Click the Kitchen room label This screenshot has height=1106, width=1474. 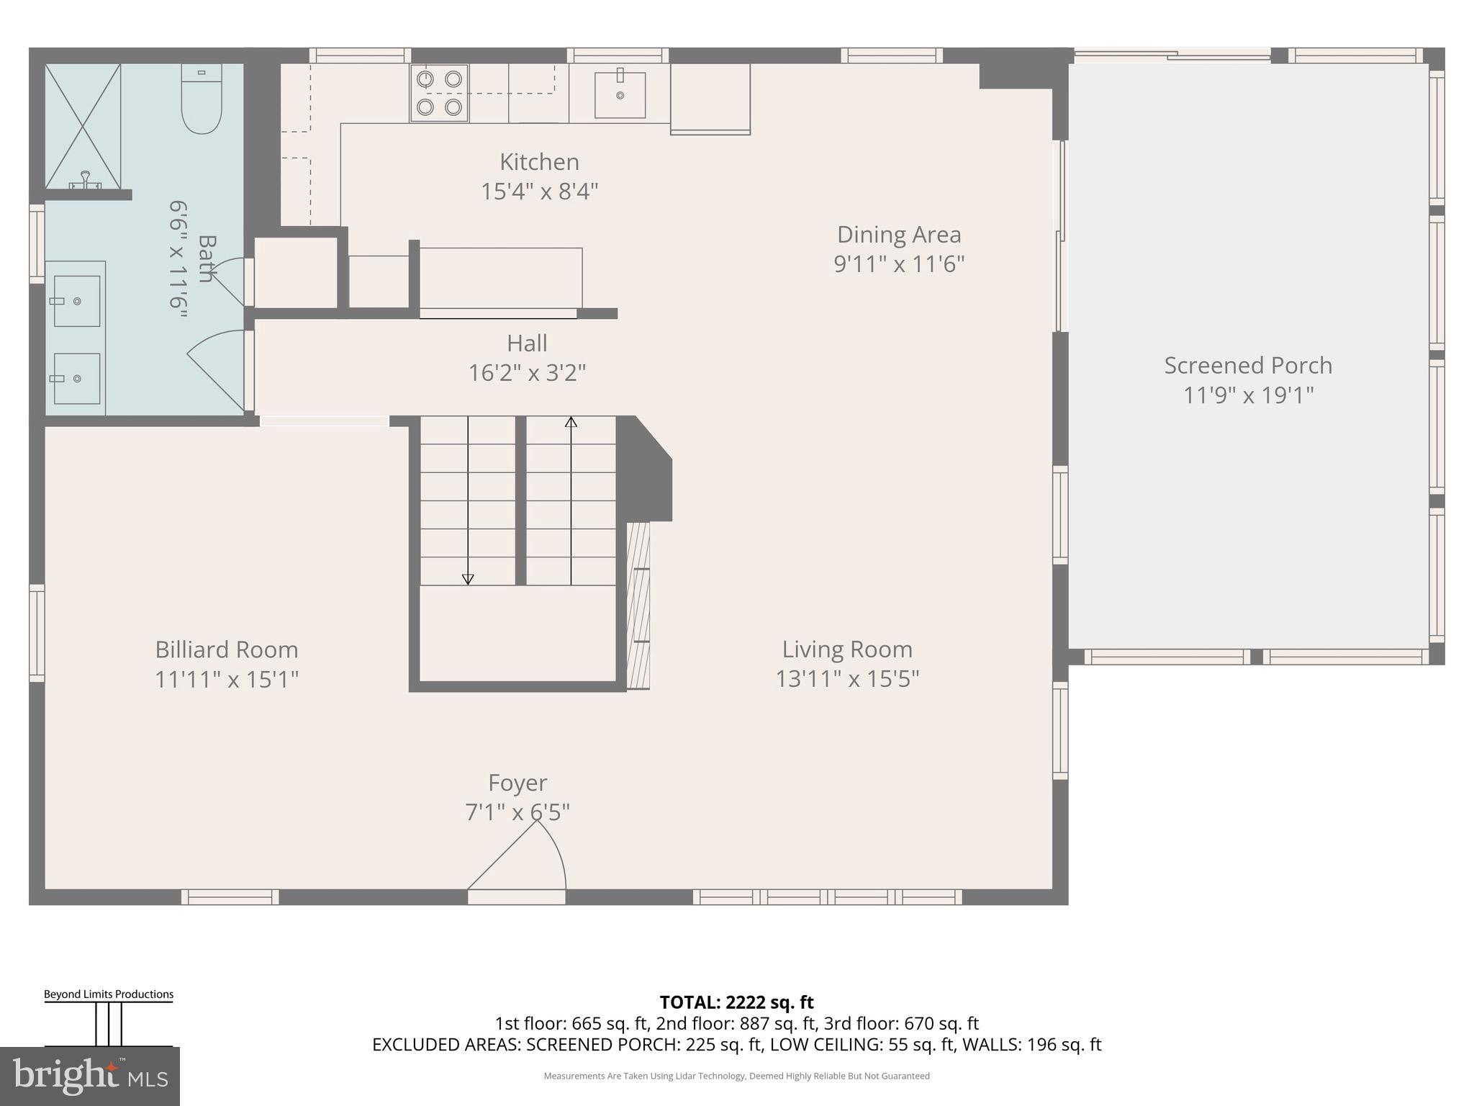coord(539,162)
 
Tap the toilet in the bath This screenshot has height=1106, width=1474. coord(201,101)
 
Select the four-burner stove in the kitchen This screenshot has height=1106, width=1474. coord(439,93)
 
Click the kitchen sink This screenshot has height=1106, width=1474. coord(620,95)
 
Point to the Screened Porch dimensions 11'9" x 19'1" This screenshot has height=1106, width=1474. coord(1248,395)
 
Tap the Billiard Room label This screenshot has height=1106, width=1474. coord(227,649)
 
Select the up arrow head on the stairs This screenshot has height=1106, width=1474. coord(571,422)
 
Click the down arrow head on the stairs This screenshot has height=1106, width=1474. coord(468,578)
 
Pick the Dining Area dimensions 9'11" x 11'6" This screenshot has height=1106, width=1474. coord(899,264)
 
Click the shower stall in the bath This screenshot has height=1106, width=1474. coord(82,127)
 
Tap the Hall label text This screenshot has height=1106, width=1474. coord(527,343)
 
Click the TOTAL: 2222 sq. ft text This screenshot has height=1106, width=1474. coord(736,1002)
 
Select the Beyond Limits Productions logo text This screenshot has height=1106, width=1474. coord(109,994)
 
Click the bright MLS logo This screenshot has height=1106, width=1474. coord(90,1076)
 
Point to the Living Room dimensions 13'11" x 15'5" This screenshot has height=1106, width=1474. coord(847,679)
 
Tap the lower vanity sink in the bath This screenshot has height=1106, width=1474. coord(76,378)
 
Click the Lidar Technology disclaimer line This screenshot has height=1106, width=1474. coord(736,1076)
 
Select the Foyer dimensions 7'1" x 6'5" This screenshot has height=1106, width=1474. coord(517,812)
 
